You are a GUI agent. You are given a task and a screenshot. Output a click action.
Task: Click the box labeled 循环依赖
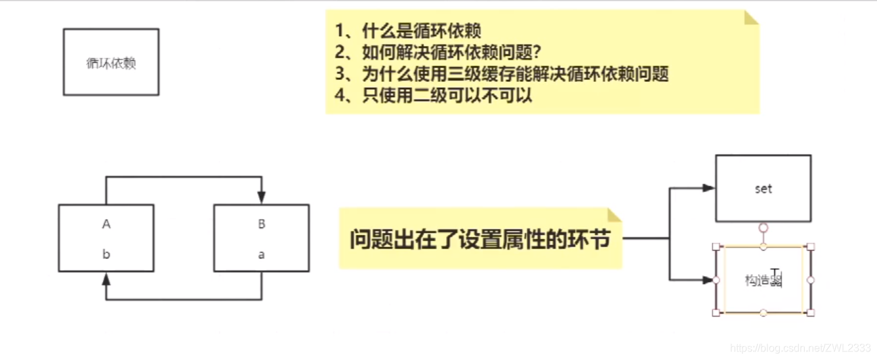111,63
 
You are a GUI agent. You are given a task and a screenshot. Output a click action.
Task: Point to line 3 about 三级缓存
501,73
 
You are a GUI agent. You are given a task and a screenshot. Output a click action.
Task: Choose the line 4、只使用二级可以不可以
433,95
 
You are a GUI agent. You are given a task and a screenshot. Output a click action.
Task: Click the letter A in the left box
106,224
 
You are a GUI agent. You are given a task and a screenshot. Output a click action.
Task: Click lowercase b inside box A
106,254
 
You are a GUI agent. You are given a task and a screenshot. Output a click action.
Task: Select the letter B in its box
262,224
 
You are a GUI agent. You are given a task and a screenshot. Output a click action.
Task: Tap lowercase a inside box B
262,254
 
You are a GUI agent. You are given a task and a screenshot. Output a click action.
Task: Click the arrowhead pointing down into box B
262,197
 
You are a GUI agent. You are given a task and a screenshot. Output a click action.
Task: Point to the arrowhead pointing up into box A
106,279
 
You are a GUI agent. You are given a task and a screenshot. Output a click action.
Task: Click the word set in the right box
764,189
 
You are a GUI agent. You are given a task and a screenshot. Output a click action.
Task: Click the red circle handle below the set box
763,228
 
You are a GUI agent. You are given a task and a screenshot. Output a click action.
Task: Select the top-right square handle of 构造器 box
811,247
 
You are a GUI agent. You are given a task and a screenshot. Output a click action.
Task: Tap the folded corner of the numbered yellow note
751,17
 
